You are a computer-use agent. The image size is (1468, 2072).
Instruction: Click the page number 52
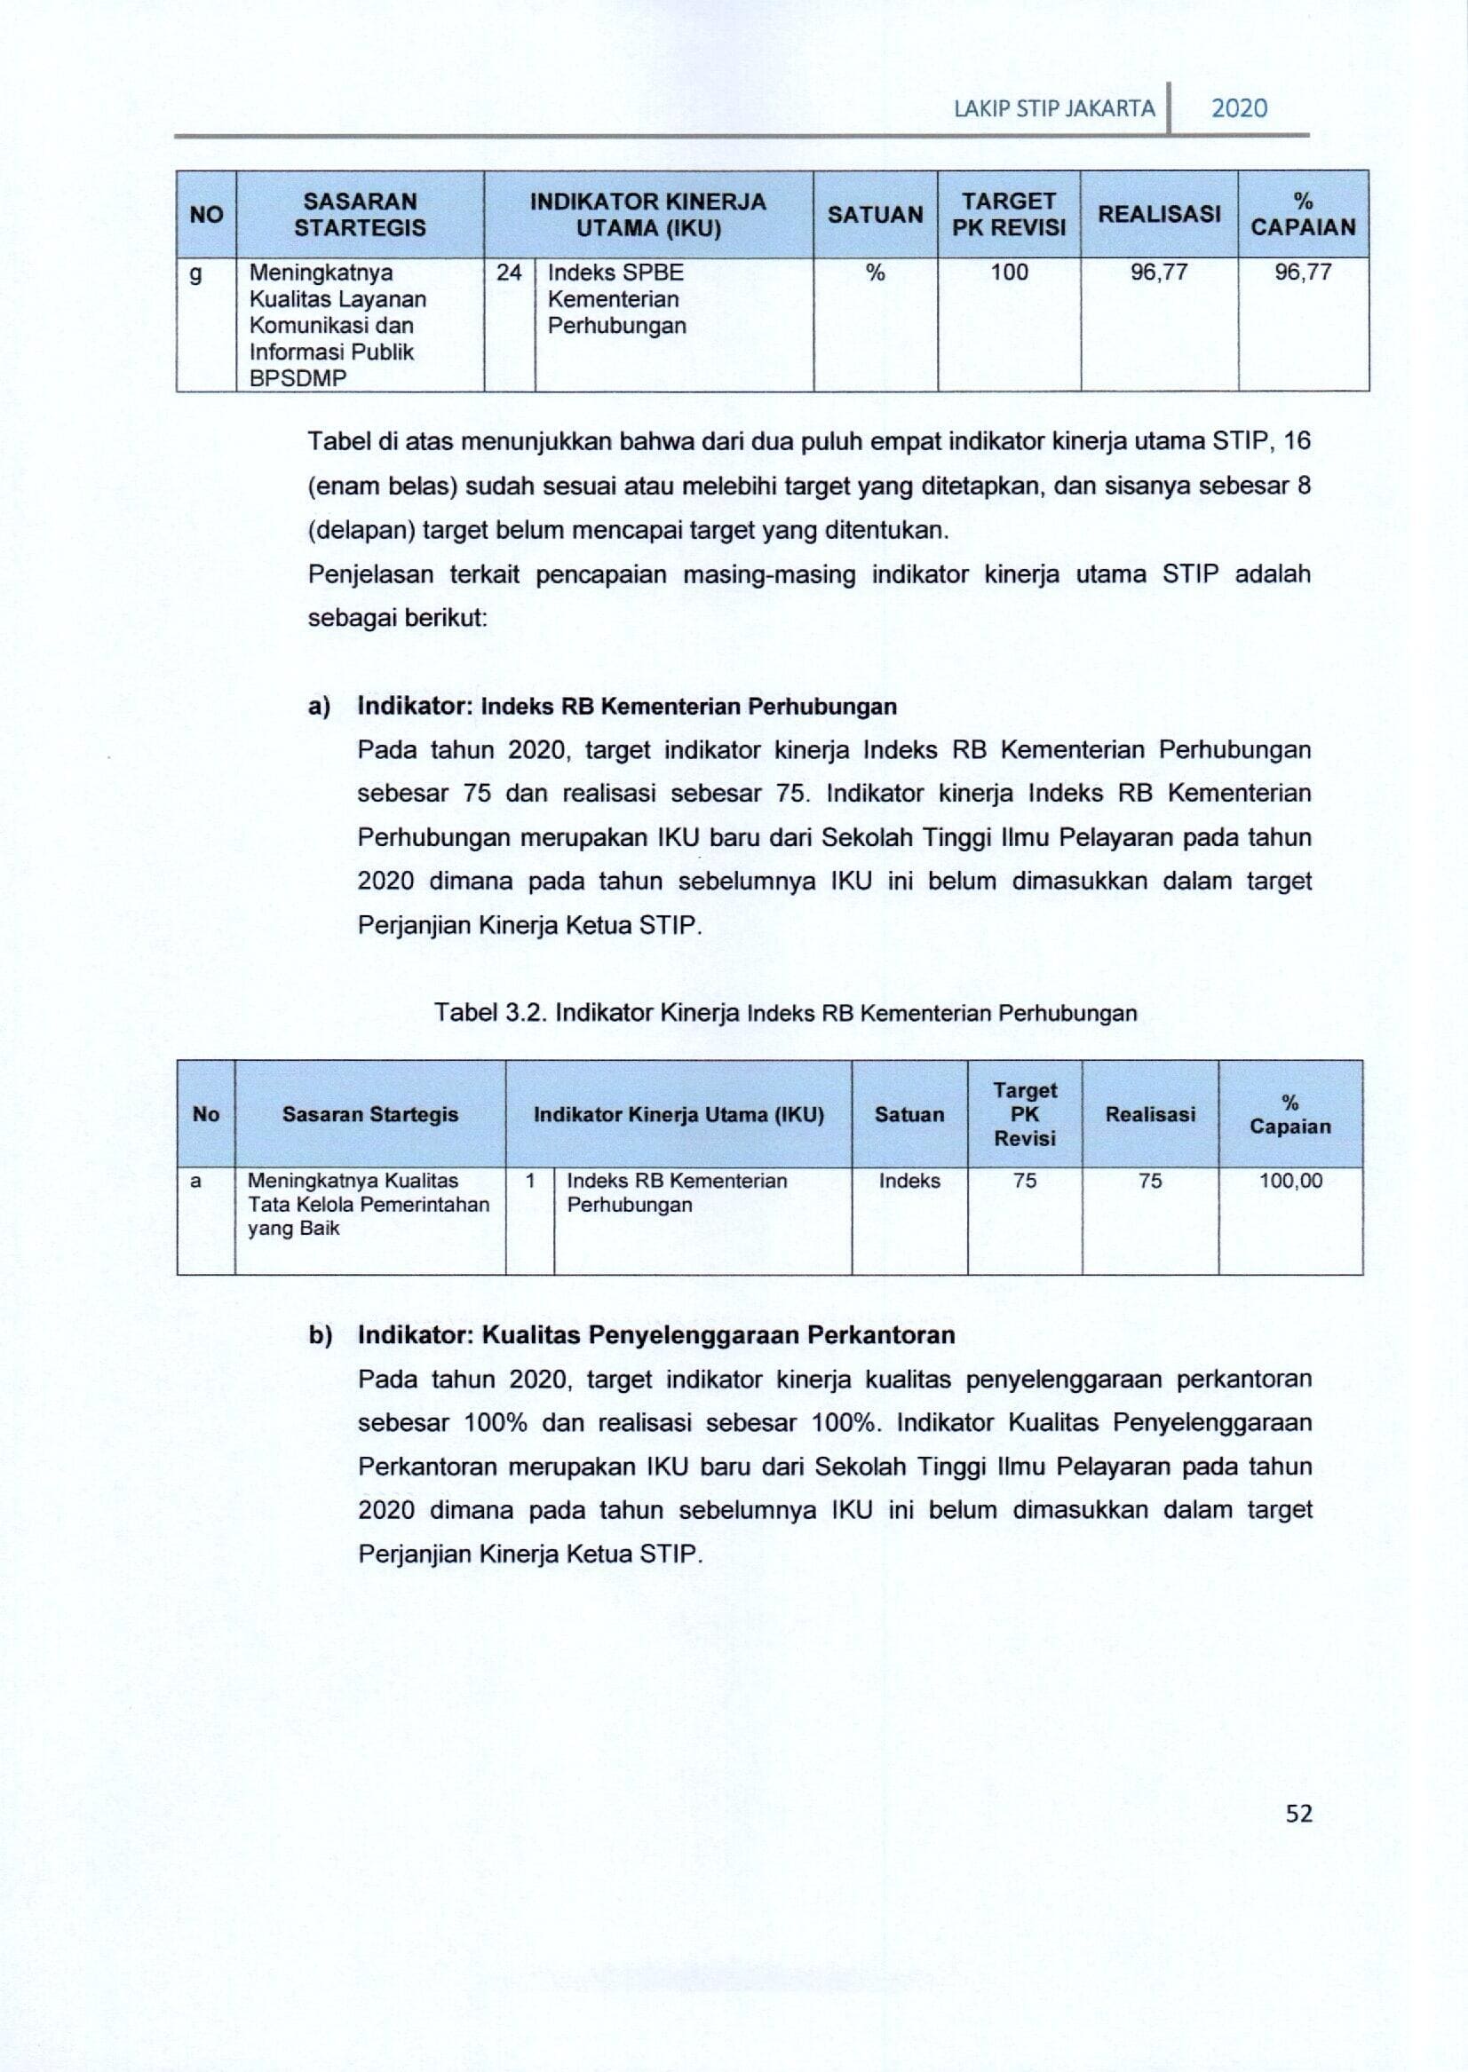tap(1298, 1814)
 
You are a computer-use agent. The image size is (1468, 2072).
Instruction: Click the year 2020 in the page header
tap(1238, 108)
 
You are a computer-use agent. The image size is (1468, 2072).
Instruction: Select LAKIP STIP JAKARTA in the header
tap(1054, 109)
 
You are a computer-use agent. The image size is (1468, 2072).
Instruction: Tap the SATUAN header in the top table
tap(875, 214)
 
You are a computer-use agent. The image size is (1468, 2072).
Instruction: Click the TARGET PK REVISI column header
tap(1009, 214)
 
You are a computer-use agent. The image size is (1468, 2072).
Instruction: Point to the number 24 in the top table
tap(509, 273)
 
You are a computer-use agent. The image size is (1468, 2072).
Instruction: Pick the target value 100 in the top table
tap(1009, 273)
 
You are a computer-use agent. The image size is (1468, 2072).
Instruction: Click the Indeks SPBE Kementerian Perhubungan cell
tap(616, 299)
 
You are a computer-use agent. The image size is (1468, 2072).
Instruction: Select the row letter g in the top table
tap(195, 273)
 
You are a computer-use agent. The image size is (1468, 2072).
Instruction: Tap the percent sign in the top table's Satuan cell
tap(875, 273)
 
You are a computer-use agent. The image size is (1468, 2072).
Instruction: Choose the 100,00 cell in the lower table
tap(1289, 1181)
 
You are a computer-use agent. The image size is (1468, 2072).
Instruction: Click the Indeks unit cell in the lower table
tap(909, 1181)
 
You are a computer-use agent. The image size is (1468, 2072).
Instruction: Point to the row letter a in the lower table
tap(195, 1181)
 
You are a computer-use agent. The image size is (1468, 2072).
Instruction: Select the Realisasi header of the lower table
tap(1150, 1114)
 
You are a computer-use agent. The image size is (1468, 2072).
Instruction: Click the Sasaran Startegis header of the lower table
tap(369, 1114)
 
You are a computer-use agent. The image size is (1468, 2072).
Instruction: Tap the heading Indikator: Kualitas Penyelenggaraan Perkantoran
tap(656, 1334)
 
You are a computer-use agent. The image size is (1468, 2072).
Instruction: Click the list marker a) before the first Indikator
tap(319, 707)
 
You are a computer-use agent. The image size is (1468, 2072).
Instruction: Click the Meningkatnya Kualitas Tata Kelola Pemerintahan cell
tap(368, 1205)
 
